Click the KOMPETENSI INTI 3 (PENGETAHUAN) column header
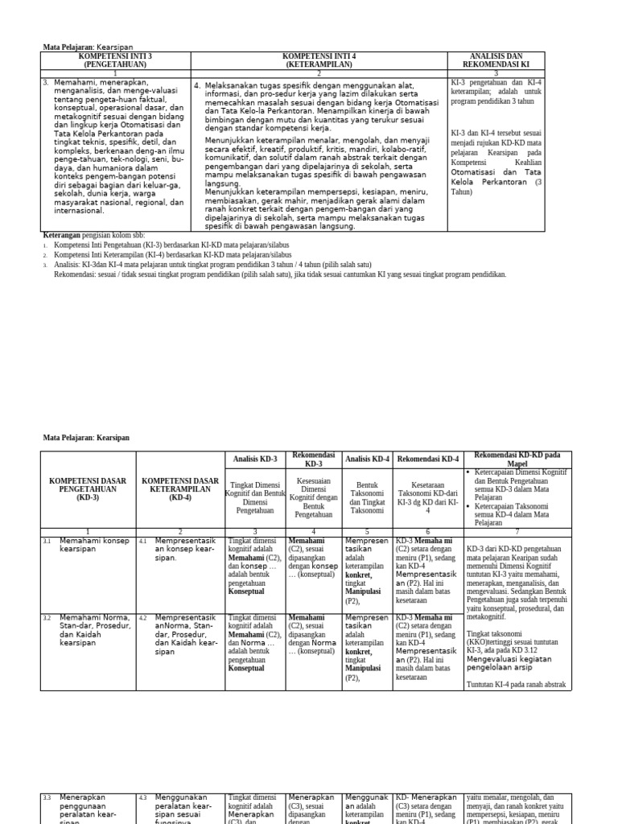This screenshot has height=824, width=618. click(116, 60)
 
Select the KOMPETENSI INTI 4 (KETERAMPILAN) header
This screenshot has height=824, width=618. click(319, 60)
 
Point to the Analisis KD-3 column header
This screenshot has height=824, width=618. click(254, 459)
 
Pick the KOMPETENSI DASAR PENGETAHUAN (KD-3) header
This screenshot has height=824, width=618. click(88, 487)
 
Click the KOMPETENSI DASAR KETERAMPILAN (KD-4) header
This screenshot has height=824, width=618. click(181, 487)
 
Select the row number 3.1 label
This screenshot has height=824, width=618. click(47, 542)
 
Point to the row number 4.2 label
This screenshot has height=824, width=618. click(142, 618)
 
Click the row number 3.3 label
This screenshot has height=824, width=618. click(47, 797)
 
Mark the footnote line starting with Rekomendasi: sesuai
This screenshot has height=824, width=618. click(280, 274)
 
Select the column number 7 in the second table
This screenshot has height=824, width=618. click(516, 532)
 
